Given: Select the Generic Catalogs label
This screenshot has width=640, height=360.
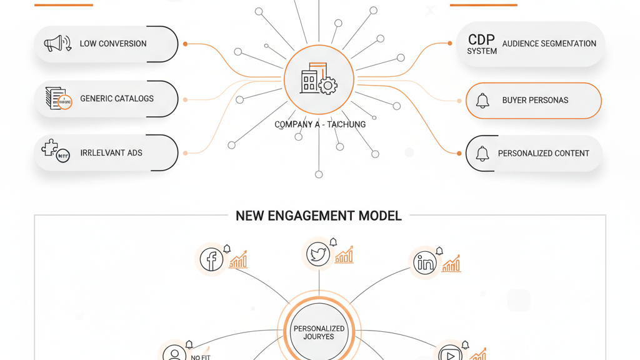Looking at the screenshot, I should [117, 99].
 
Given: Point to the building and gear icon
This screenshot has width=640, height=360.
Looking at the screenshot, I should [319, 79].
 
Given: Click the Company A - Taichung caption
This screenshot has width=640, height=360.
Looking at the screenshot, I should [320, 124].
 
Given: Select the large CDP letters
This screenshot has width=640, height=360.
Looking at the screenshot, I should [481, 39].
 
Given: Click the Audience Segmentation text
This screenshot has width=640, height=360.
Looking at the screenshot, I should [549, 44].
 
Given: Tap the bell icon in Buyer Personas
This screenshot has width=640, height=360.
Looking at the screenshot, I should [482, 101].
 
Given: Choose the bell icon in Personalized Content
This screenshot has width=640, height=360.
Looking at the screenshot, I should [482, 154].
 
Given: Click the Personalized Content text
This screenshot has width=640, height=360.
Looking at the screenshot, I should [544, 154].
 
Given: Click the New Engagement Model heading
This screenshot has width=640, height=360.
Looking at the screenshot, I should [319, 216].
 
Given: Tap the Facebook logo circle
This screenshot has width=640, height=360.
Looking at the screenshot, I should [212, 259].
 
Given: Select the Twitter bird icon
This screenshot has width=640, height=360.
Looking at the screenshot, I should [319, 254].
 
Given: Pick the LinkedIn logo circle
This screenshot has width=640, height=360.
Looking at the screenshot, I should [425, 262].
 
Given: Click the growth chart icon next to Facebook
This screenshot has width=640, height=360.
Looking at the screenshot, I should [238, 260].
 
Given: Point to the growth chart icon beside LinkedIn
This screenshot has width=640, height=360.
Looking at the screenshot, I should [451, 264].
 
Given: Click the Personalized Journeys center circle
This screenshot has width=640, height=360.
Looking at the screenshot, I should [319, 332].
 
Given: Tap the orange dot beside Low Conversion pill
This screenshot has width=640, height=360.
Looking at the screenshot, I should [186, 44].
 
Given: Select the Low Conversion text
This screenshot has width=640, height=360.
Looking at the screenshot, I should [113, 44].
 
